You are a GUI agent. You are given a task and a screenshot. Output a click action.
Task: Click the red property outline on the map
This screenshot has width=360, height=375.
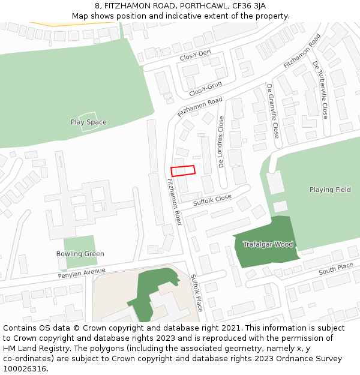(x=183, y=171)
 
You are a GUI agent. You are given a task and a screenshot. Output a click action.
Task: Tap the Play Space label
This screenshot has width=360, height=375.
(x=88, y=122)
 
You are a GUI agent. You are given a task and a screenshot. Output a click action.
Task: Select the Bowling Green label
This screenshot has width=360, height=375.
(x=80, y=254)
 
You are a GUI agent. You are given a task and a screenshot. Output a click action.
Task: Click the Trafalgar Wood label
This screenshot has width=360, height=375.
(x=268, y=244)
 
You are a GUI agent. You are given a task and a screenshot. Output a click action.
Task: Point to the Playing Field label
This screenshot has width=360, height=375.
(x=330, y=190)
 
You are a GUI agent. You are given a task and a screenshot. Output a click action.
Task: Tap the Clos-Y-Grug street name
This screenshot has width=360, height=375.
(x=205, y=89)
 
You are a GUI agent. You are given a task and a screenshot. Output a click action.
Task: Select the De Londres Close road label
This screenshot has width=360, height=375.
(x=221, y=142)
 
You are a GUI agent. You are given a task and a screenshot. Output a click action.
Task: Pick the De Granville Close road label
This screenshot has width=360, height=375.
(x=273, y=111)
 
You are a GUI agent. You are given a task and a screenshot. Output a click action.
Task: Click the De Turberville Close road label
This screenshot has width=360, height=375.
(x=321, y=89)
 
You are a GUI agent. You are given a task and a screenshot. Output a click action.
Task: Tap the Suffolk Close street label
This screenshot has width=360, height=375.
(x=212, y=200)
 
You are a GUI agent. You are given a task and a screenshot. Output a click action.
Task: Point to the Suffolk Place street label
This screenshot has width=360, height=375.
(x=197, y=293)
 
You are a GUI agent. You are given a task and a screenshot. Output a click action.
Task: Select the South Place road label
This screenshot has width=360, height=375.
(x=336, y=268)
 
